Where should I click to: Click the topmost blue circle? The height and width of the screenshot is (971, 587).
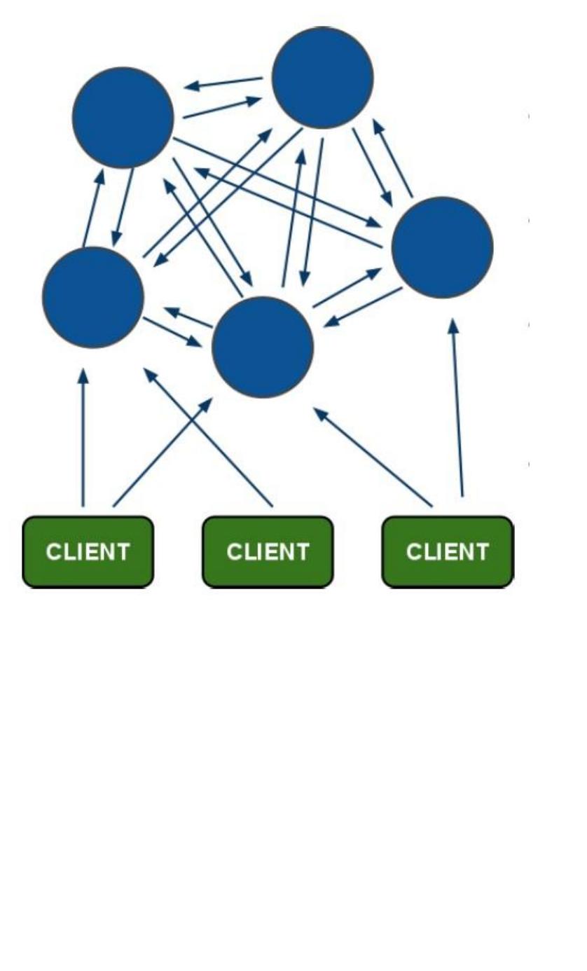(322, 78)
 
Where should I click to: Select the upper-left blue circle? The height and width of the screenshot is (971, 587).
(123, 118)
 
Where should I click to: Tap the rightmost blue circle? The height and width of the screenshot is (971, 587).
(442, 247)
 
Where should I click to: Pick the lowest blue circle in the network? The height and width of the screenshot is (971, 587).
(263, 347)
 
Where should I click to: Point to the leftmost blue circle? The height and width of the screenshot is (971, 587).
(93, 297)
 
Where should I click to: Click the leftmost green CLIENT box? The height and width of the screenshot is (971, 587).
(88, 552)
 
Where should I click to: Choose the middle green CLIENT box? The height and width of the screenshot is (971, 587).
(268, 552)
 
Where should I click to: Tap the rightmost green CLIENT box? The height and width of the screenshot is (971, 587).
(448, 552)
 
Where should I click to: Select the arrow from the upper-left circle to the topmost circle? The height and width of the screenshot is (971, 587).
(222, 107)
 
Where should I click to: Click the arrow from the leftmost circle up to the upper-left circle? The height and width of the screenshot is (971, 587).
(93, 207)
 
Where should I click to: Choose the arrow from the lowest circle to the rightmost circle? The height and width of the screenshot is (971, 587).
(347, 287)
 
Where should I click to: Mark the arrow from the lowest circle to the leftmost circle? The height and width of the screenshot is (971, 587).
(188, 317)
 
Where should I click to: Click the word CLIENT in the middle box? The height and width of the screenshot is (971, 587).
(268, 552)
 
